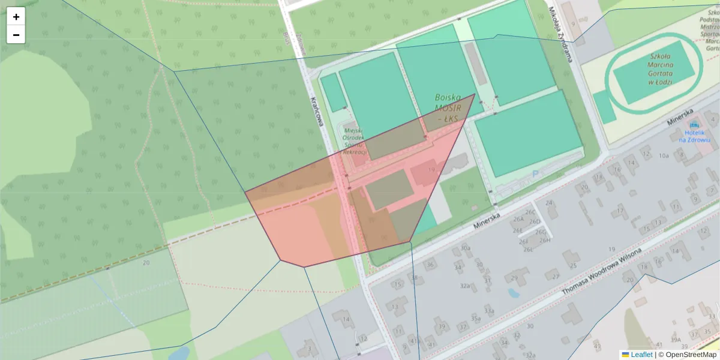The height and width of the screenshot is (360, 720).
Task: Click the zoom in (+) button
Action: [x=16, y=17]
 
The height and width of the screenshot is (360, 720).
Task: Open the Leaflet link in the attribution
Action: [x=641, y=355]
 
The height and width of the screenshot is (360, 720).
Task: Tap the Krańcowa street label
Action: [x=317, y=112]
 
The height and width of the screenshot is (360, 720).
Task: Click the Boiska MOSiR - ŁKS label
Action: [x=448, y=108]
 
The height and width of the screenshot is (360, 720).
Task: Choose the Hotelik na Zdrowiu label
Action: [x=694, y=136]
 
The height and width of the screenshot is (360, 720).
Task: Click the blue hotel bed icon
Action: [x=694, y=125]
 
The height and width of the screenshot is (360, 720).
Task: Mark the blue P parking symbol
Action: [x=535, y=175]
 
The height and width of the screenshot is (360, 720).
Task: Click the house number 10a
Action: [x=663, y=155]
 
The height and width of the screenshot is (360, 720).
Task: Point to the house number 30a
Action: [x=465, y=247]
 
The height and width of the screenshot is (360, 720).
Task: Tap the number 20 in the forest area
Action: [x=146, y=262]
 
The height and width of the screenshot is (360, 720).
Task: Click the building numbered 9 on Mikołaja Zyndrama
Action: [x=573, y=24]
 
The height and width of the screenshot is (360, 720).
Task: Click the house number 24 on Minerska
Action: [x=549, y=203]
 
